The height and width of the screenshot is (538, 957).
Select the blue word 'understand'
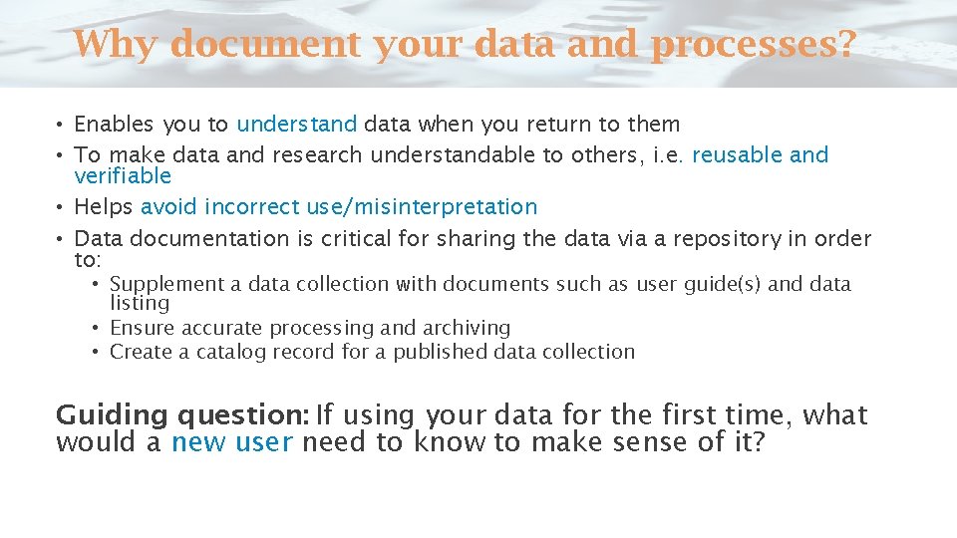coord(296,125)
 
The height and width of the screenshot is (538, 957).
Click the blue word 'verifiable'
coord(123,176)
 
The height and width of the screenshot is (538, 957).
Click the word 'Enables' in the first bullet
coord(115,125)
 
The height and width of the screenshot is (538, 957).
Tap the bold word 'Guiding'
coord(111,415)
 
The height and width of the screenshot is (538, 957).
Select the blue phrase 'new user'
coord(231,442)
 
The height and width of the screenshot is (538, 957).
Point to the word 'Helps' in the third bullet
coord(104,207)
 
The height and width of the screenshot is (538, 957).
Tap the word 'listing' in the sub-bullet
coord(140,303)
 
